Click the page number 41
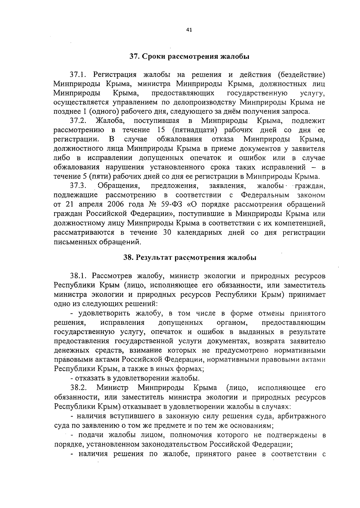[189, 30]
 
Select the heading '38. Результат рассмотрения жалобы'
[190, 258]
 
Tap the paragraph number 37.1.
[78, 74]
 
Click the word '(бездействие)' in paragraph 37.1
[301, 74]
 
